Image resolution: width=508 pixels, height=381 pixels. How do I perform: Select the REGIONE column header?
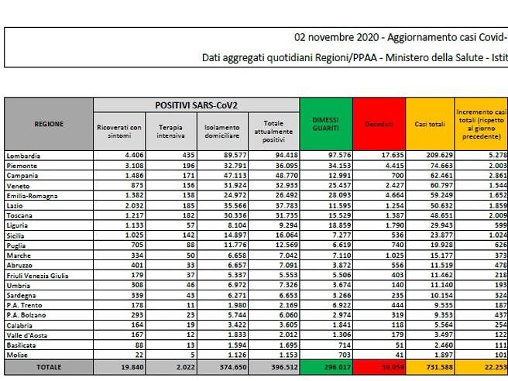(x=49, y=124)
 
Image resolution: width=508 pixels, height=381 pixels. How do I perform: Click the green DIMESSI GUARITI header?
(x=325, y=124)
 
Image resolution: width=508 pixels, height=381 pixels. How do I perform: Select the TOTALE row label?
(x=48, y=366)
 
